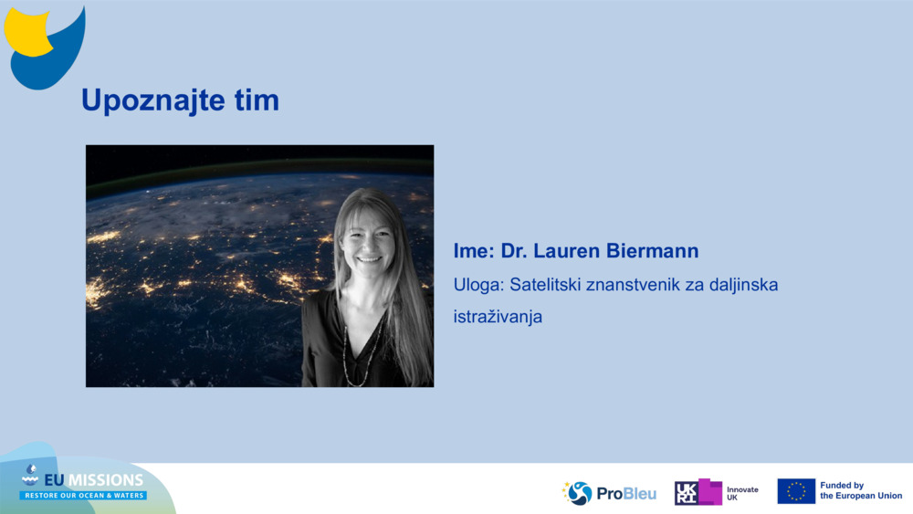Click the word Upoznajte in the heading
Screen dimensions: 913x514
153,100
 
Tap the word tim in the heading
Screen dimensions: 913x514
257,100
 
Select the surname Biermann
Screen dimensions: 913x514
652,251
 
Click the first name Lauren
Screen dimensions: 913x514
567,251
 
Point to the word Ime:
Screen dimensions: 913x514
474,251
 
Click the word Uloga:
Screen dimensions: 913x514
478,285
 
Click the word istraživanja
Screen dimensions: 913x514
498,317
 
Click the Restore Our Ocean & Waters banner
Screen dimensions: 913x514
83,496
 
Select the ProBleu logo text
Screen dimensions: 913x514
626,494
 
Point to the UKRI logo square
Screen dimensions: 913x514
686,493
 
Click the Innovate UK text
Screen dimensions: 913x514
742,493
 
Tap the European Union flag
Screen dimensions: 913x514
796,491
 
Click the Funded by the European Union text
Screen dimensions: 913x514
861,490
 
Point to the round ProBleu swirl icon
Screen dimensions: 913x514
578,493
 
